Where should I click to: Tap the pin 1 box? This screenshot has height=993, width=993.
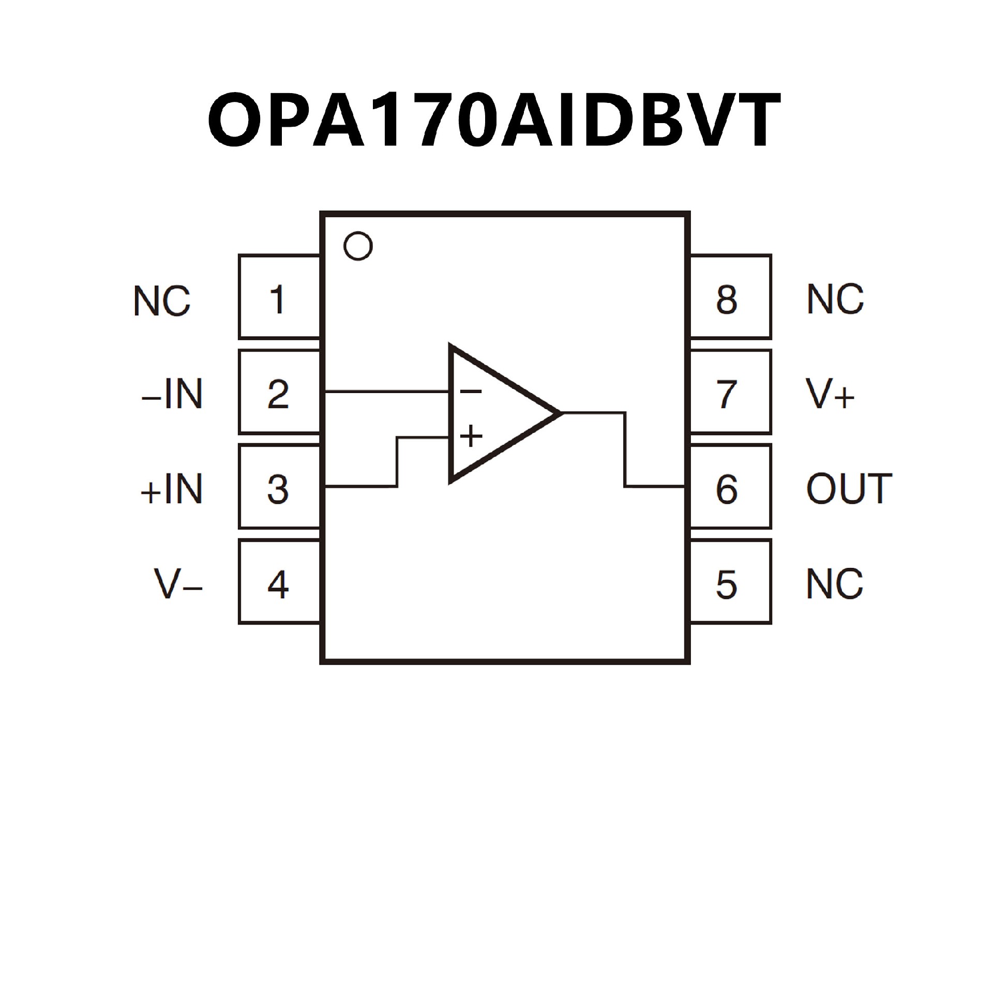click(x=278, y=297)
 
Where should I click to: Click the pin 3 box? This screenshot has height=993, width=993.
click(x=278, y=488)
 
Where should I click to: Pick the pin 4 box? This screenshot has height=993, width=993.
click(x=278, y=583)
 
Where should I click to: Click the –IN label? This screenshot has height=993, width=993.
click(x=172, y=395)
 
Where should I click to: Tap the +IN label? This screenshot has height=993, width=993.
click(x=172, y=490)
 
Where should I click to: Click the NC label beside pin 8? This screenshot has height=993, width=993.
click(x=835, y=299)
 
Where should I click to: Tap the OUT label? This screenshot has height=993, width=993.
click(x=849, y=489)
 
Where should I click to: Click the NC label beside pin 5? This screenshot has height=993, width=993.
click(x=835, y=584)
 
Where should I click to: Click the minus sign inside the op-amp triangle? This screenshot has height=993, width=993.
click(x=471, y=392)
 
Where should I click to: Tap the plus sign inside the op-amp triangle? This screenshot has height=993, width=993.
click(x=471, y=436)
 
